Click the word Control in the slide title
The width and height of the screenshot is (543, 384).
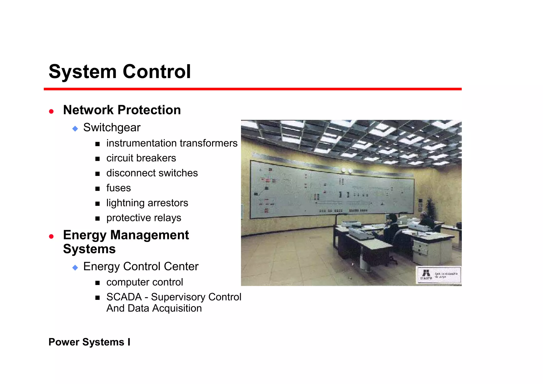coord(156,72)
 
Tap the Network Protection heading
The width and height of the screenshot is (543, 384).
coord(122,110)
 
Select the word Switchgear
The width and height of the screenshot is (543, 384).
coord(112,128)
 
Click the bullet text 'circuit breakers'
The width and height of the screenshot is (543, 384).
coord(141,158)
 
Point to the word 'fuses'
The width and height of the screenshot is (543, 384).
coord(119,188)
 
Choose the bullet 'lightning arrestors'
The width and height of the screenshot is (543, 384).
coord(147,203)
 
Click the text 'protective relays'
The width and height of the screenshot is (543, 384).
coord(144,218)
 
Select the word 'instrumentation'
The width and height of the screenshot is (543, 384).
coord(141,143)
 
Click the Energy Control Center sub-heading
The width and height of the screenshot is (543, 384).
coord(141,266)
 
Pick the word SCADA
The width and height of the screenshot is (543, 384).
coord(124,297)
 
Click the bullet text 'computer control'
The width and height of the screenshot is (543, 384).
coord(144,282)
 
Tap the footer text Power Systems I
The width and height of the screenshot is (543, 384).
coord(89,342)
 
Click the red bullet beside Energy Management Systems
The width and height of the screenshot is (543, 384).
coord(51,236)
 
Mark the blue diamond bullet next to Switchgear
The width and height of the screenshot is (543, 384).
coord(75,129)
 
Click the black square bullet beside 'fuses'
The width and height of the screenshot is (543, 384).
coord(98,189)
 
